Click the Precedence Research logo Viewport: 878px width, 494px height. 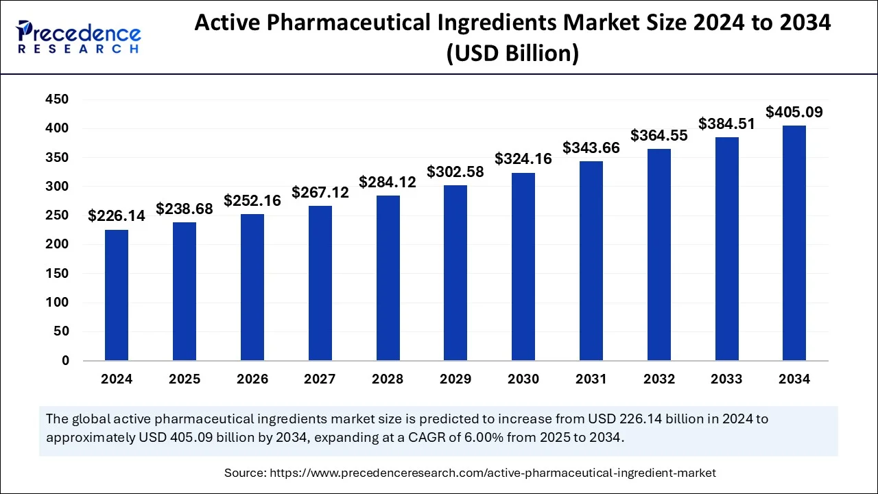pyautogui.click(x=79, y=37)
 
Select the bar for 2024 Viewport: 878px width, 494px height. pyautogui.click(x=117, y=295)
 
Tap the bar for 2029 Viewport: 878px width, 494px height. pyautogui.click(x=455, y=273)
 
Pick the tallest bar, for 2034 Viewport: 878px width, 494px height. pyautogui.click(x=794, y=243)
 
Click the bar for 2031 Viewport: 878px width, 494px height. pyautogui.click(x=591, y=261)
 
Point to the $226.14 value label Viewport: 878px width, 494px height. pyautogui.click(x=117, y=216)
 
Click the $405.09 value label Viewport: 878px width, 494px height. pyautogui.click(x=794, y=112)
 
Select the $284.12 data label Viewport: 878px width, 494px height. pyautogui.click(x=388, y=183)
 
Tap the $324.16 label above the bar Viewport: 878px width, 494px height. pyautogui.click(x=523, y=159)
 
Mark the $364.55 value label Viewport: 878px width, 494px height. pyautogui.click(x=659, y=136)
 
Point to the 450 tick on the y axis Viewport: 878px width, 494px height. pyautogui.click(x=57, y=99)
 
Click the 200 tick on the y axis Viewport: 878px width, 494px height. pyautogui.click(x=57, y=244)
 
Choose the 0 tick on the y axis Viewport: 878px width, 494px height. pyautogui.click(x=64, y=360)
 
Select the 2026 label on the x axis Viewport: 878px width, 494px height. pyautogui.click(x=252, y=379)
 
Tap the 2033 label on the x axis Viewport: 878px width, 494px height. pyautogui.click(x=726, y=379)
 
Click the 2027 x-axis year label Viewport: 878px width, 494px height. pyautogui.click(x=320, y=379)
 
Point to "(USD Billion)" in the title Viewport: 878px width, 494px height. pyautogui.click(x=512, y=53)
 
